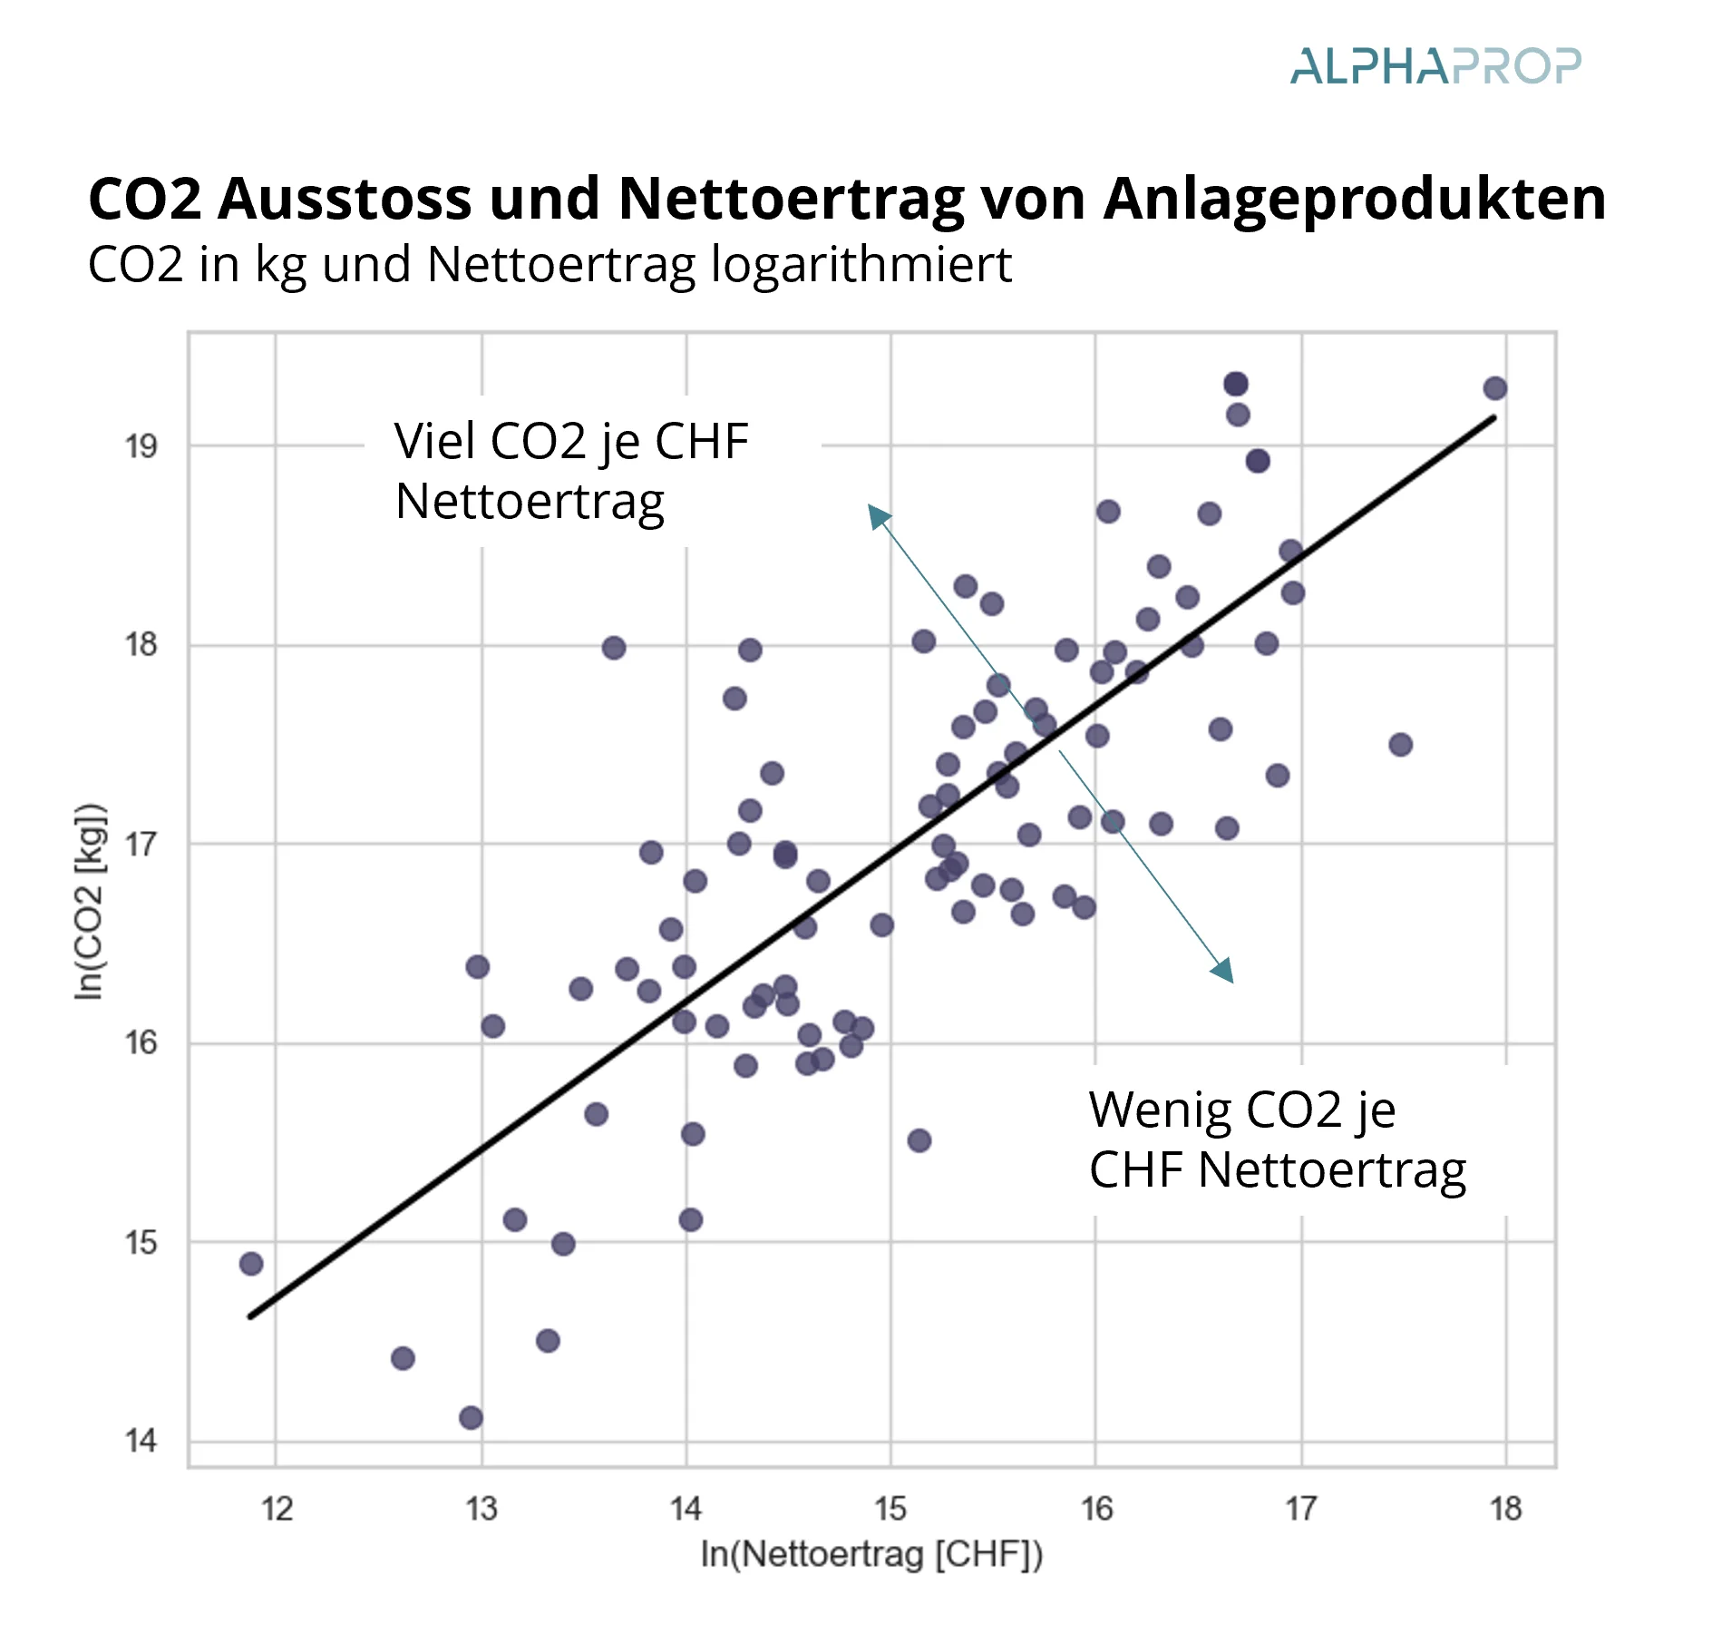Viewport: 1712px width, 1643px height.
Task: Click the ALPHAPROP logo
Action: tap(1435, 67)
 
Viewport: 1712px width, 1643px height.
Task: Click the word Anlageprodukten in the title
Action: tap(1354, 198)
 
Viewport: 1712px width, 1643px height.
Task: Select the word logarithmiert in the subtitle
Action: tap(861, 265)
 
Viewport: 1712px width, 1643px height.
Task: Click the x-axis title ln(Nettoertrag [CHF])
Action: tap(871, 1554)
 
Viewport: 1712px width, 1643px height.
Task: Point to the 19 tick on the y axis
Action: tap(141, 446)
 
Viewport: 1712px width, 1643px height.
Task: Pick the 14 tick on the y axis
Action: tap(141, 1441)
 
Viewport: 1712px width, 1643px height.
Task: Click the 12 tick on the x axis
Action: tap(277, 1509)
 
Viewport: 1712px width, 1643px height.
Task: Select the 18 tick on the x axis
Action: tap(1505, 1509)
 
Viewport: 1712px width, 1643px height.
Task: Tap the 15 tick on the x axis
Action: tap(890, 1509)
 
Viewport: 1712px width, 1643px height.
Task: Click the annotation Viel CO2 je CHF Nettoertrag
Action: tap(571, 471)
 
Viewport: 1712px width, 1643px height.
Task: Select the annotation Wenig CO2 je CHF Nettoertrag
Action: tap(1277, 1139)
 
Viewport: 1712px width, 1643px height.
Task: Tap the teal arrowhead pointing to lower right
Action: tap(1223, 971)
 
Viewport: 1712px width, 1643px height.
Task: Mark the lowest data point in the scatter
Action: tap(471, 1418)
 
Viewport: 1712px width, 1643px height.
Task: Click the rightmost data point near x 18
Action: tap(1495, 389)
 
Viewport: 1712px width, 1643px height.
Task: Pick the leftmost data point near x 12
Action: tap(251, 1264)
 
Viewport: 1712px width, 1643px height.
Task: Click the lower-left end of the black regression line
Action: tap(252, 1315)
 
